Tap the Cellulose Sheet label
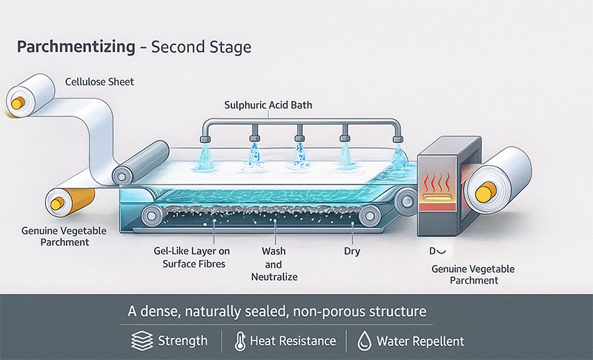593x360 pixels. point(99,81)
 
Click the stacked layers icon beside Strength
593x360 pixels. point(142,341)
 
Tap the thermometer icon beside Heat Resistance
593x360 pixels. point(239,341)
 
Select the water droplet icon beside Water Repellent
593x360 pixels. point(363,341)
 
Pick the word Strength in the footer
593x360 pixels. point(182,341)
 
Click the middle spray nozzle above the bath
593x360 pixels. point(300,136)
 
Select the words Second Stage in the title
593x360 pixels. point(201,47)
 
